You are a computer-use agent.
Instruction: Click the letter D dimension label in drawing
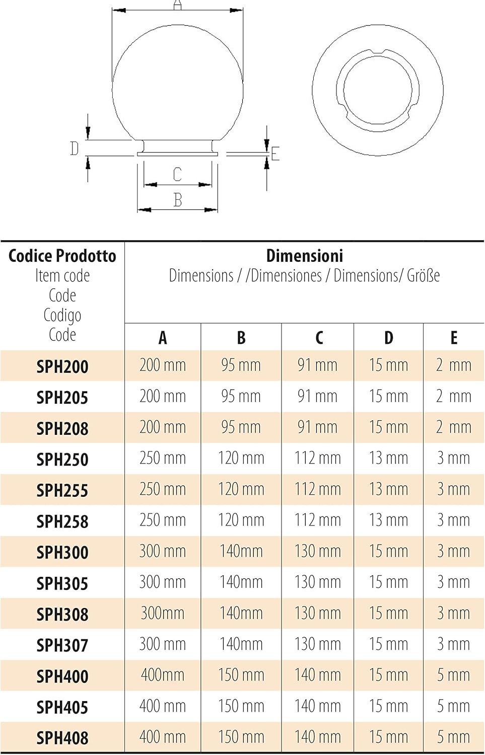click(x=74, y=148)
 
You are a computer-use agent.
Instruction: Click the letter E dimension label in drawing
click(x=275, y=154)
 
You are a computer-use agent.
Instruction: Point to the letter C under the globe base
click(x=177, y=174)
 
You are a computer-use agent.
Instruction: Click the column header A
click(x=163, y=337)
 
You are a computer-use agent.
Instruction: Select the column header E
click(x=454, y=337)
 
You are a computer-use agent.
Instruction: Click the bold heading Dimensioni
click(x=305, y=256)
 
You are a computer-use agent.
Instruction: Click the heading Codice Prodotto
click(x=62, y=256)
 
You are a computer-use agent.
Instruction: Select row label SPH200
click(x=62, y=367)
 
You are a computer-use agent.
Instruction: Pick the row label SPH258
click(x=62, y=521)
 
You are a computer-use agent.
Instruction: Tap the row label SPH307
click(x=62, y=645)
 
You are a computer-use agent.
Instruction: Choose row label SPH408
click(x=62, y=738)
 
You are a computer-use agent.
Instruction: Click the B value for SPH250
click(x=241, y=458)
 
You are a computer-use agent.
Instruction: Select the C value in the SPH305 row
click(x=318, y=582)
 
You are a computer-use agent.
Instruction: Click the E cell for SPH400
click(x=454, y=675)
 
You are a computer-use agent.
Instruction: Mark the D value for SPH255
click(x=388, y=489)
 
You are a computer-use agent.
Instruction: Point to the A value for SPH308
click(x=163, y=613)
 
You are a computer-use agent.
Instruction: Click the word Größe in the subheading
click(x=423, y=276)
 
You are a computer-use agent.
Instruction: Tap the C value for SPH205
click(x=318, y=396)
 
